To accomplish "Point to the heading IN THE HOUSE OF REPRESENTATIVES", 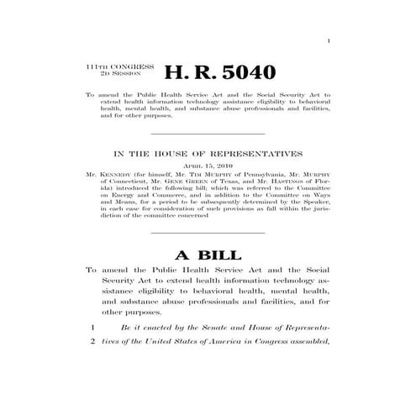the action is pyautogui.click(x=207, y=154).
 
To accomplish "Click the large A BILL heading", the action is pyautogui.click(x=208, y=254).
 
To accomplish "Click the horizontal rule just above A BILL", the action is pyautogui.click(x=207, y=231).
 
